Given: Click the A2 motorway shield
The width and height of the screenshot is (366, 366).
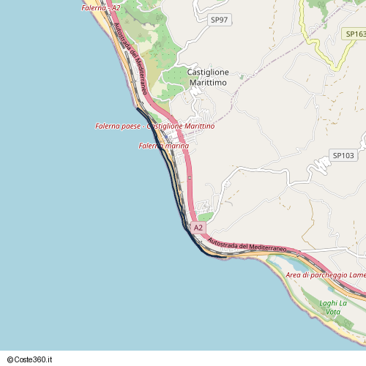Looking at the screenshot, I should tap(198, 228).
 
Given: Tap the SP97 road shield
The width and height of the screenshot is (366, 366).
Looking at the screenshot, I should tap(218, 20).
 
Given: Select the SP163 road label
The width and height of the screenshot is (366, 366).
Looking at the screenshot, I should tap(354, 34).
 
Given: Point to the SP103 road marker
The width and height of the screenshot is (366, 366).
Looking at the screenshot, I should tap(343, 156).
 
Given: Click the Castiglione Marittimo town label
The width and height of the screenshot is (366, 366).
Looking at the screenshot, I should tap(208, 78).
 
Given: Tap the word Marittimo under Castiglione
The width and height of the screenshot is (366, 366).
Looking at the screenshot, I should tap(208, 83).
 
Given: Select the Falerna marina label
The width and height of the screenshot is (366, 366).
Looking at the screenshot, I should tap(163, 146).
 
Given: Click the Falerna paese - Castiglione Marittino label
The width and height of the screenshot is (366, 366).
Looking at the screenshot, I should tap(154, 127).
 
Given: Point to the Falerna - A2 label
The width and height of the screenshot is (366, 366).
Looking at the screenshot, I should tap(100, 8).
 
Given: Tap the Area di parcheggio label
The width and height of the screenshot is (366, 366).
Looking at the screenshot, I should tap(326, 274).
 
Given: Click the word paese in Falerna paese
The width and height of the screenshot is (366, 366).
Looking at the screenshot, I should tap(130, 127).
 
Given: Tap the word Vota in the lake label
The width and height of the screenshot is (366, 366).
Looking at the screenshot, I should tap(333, 313).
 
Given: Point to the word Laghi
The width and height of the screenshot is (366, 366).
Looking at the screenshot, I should tap(329, 303).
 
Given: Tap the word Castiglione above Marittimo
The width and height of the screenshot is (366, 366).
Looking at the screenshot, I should tap(208, 72).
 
